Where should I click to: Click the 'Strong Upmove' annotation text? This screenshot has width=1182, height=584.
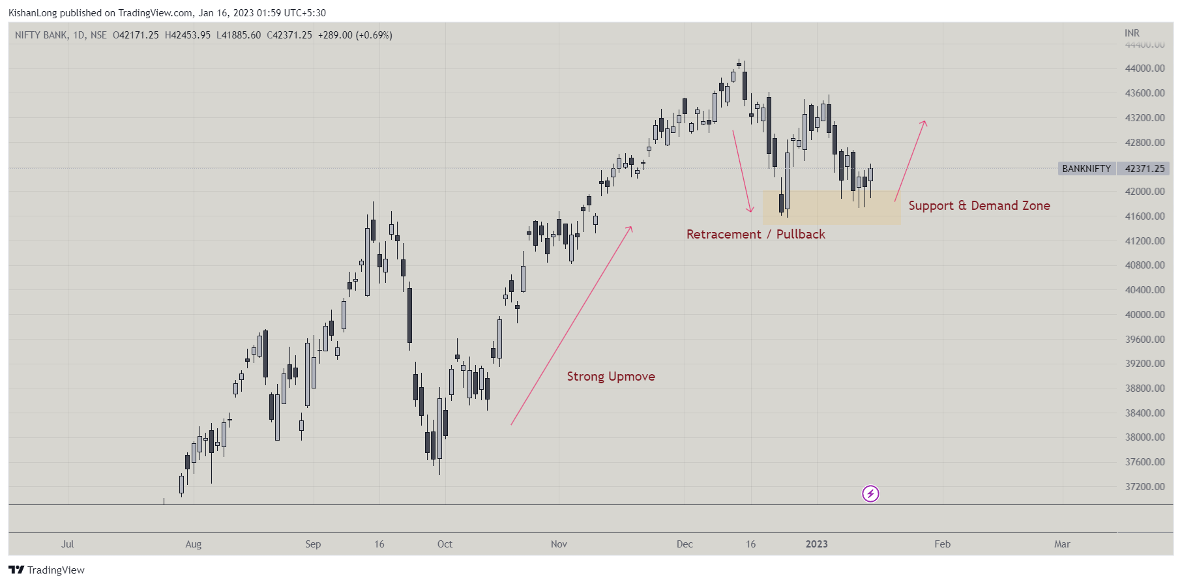click(611, 377)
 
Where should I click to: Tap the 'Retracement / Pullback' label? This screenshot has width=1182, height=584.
click(756, 235)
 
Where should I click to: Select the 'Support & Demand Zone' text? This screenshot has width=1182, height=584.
click(979, 206)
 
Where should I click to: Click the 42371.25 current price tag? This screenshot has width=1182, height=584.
click(1144, 169)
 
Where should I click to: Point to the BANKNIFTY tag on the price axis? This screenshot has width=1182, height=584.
click(1086, 169)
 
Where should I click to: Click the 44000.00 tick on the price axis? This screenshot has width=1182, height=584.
click(1144, 68)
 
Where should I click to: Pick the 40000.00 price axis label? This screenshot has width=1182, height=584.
click(1144, 315)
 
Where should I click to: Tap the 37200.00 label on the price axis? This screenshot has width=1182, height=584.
click(1144, 487)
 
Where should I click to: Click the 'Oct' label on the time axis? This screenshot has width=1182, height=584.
click(445, 544)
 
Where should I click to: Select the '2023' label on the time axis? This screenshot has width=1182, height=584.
click(816, 544)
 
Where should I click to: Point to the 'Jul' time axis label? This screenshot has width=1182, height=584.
click(68, 544)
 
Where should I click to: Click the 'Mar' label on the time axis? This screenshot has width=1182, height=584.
click(1062, 544)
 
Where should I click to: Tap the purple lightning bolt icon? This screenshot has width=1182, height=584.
click(870, 494)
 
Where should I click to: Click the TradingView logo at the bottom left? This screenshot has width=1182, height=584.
click(47, 570)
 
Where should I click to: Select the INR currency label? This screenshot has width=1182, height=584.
click(1132, 33)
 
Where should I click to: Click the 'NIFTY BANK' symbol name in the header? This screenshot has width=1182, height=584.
click(40, 35)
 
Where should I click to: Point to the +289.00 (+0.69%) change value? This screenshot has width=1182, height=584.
click(355, 35)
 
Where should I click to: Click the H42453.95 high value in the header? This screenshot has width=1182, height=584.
click(188, 35)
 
